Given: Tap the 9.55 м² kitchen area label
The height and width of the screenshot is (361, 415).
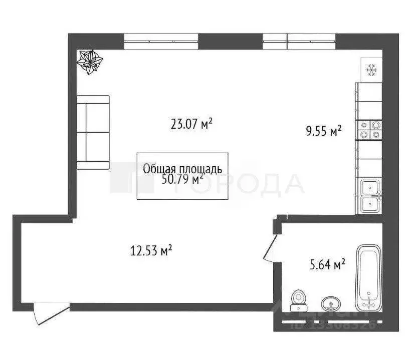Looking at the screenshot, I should click(323, 131).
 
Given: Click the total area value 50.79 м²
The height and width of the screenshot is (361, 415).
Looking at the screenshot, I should click(182, 179).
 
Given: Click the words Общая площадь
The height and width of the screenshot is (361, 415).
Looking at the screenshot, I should click(182, 168).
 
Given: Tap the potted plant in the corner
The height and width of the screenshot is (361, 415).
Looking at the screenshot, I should click(90, 62).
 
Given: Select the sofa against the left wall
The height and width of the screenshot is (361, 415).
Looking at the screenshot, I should click(93, 133).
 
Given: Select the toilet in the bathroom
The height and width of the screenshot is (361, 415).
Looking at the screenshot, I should click(299, 299).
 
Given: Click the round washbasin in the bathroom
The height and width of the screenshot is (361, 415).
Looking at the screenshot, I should click(330, 302).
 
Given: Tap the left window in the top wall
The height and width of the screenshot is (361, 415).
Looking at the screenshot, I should click(161, 41).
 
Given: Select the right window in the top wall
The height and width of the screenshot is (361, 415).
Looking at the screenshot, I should click(299, 41).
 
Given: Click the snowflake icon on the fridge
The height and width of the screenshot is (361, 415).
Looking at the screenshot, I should click(371, 70).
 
